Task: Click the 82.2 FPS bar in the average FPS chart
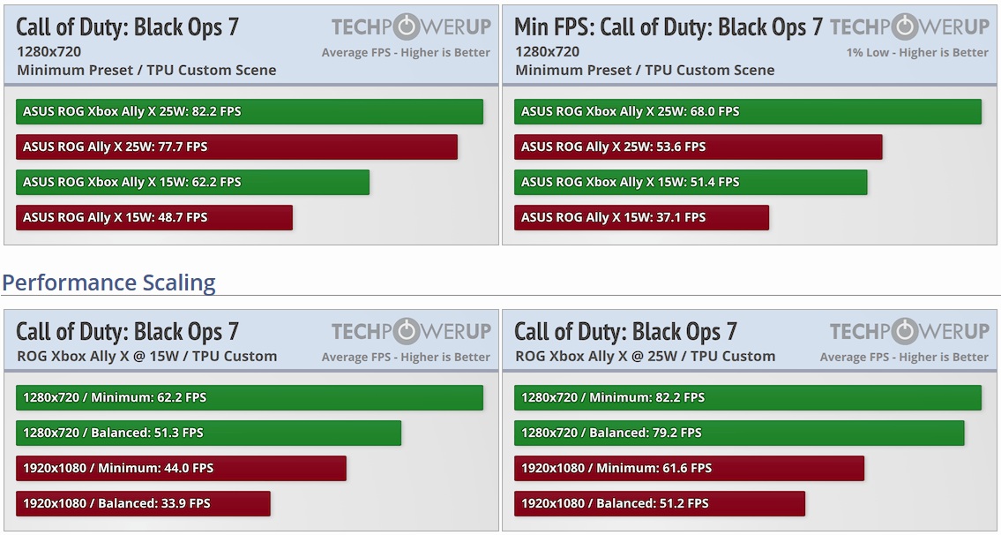250,111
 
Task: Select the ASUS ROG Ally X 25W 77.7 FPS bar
236,147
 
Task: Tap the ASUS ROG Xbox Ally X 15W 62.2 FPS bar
192,182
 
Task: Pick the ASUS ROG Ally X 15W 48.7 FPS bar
154,217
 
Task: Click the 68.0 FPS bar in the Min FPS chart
747,111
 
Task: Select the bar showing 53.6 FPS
698,147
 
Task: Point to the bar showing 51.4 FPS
691,182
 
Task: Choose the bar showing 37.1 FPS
641,217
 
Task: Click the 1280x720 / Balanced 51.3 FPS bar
208,433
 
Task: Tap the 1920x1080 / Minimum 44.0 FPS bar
181,468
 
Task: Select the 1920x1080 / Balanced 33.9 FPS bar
143,503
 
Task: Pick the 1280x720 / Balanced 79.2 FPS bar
739,433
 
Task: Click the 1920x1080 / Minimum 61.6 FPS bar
689,468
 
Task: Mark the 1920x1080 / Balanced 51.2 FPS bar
660,503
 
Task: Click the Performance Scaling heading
108,283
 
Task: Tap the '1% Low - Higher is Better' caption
917,52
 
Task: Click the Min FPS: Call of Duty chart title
668,26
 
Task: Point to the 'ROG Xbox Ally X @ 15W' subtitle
146,357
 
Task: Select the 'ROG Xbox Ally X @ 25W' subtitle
645,357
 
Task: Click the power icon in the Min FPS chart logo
903,26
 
